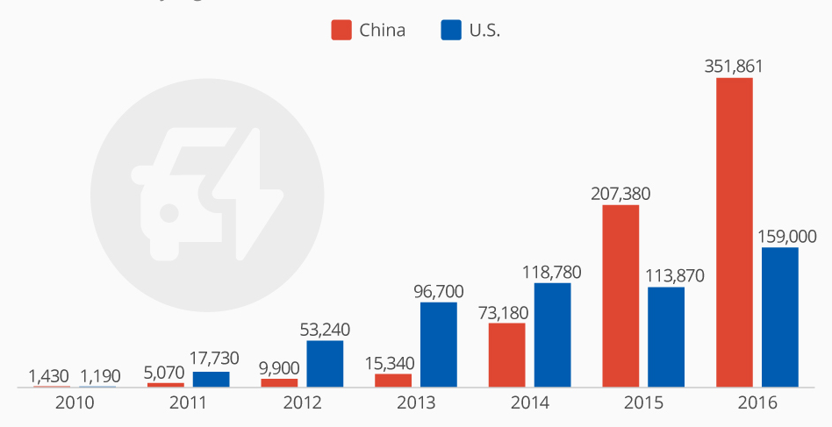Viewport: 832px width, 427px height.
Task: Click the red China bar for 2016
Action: pos(735,231)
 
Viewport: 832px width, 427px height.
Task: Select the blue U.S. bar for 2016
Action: pos(780,317)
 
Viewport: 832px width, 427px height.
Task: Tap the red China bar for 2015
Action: pos(620,295)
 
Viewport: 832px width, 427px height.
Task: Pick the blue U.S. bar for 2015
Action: pos(666,337)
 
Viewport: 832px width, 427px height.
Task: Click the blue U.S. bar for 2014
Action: pos(552,334)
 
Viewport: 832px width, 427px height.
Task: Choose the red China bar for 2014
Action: pos(506,354)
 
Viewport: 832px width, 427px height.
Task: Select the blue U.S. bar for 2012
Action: pos(325,364)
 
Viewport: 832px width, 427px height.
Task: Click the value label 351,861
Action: pos(735,66)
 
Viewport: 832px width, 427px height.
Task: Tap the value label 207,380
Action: pos(620,193)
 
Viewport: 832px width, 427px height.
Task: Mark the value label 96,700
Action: pos(439,290)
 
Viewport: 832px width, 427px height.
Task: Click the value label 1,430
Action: pos(48,375)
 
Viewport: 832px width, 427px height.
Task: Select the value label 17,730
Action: pos(212,359)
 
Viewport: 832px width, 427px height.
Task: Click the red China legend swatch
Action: pos(341,30)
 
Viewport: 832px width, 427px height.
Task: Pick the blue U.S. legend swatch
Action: pos(450,30)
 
